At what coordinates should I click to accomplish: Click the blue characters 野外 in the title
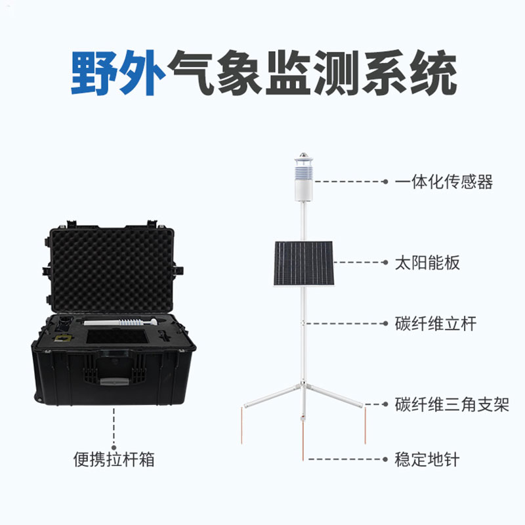point(118,73)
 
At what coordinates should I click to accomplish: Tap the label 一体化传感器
point(444,182)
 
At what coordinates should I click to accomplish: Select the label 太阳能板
point(427,262)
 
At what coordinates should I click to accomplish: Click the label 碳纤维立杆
point(436,324)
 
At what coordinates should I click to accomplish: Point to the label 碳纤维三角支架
point(452,404)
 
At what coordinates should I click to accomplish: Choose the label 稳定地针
point(427,459)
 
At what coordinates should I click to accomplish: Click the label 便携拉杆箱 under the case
point(114,459)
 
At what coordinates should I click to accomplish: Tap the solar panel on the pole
point(304,264)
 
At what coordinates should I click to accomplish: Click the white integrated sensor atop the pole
point(304,177)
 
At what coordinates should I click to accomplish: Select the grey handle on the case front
point(114,381)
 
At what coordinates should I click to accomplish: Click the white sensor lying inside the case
point(120,322)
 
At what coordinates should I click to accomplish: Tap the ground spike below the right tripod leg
point(365,426)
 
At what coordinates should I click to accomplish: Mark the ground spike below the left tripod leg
point(241,426)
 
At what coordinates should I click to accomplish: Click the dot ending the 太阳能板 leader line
point(385,262)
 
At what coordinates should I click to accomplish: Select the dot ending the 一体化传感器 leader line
point(385,182)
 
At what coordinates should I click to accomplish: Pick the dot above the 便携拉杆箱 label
point(114,448)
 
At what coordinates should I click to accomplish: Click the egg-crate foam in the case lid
point(112,270)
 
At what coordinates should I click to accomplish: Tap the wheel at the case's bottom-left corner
point(37,398)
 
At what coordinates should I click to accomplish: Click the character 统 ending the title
point(434,73)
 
